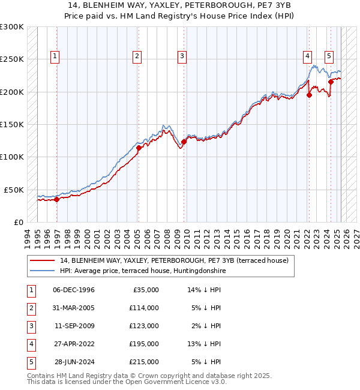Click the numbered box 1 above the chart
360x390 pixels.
pos(55,57)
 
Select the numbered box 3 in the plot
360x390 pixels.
pos(181,57)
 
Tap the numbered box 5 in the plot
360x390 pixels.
pos(329,57)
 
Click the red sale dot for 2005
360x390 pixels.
pos(139,148)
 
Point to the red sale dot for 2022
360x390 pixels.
pos(310,95)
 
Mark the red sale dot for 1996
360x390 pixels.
pos(57,199)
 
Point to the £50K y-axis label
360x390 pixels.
pos(14,190)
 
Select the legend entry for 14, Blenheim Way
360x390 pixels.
pos(174,260)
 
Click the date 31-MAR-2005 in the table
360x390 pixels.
pos(74,308)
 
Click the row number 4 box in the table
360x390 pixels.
pos(31,344)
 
